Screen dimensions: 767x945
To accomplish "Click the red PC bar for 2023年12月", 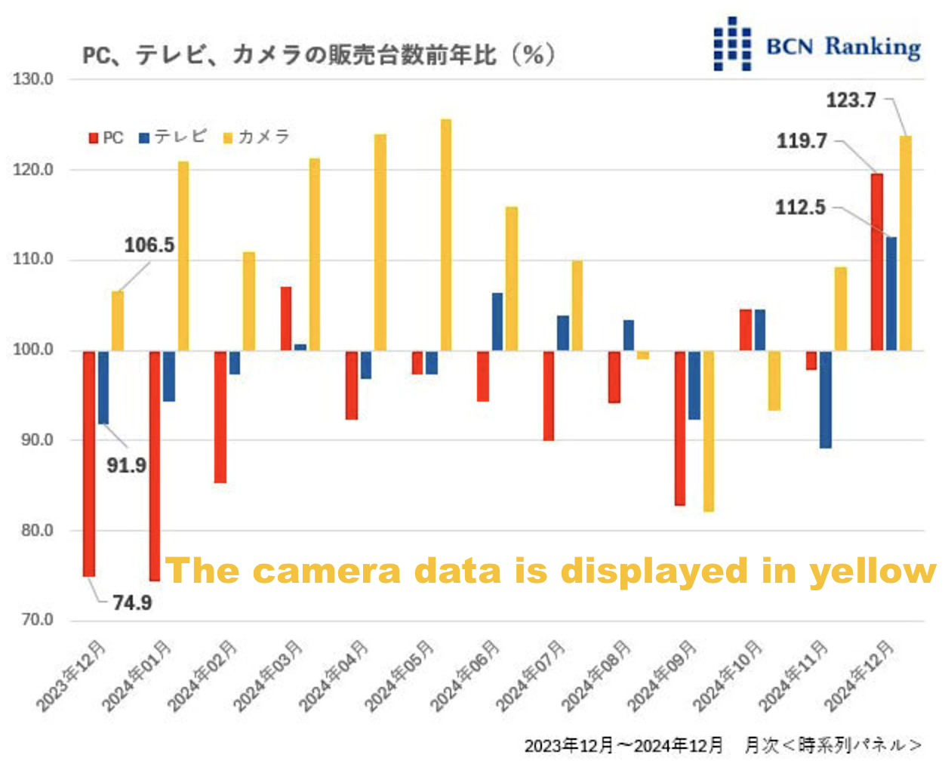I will tap(89, 464).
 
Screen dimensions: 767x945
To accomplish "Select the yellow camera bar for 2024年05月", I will tap(446, 235).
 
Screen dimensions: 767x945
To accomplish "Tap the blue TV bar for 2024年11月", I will tap(826, 399).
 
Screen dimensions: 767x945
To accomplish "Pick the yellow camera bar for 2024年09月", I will tap(709, 431).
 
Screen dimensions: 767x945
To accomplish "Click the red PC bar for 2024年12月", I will tap(877, 262).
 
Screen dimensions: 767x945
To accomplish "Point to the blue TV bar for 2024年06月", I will tap(497, 322).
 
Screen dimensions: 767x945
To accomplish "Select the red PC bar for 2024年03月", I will tap(286, 319).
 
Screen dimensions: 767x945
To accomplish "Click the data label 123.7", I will tap(851, 100).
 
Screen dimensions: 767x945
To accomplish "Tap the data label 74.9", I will tap(132, 602).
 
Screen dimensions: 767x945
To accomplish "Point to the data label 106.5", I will tap(149, 245).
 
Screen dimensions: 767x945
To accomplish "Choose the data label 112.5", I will tap(800, 208).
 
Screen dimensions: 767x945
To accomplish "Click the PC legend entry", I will tap(106, 138).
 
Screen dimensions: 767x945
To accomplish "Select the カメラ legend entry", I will tap(257, 137).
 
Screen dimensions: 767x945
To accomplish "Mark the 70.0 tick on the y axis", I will tap(37, 620).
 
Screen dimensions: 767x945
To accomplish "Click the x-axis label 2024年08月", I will tap(596, 676).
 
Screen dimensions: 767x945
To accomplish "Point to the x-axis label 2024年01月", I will tap(137, 676).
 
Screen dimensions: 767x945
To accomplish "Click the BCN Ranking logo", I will tap(817, 45).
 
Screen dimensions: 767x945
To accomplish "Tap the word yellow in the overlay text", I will tap(873, 571).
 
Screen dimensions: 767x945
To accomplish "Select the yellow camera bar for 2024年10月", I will tap(774, 380).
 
